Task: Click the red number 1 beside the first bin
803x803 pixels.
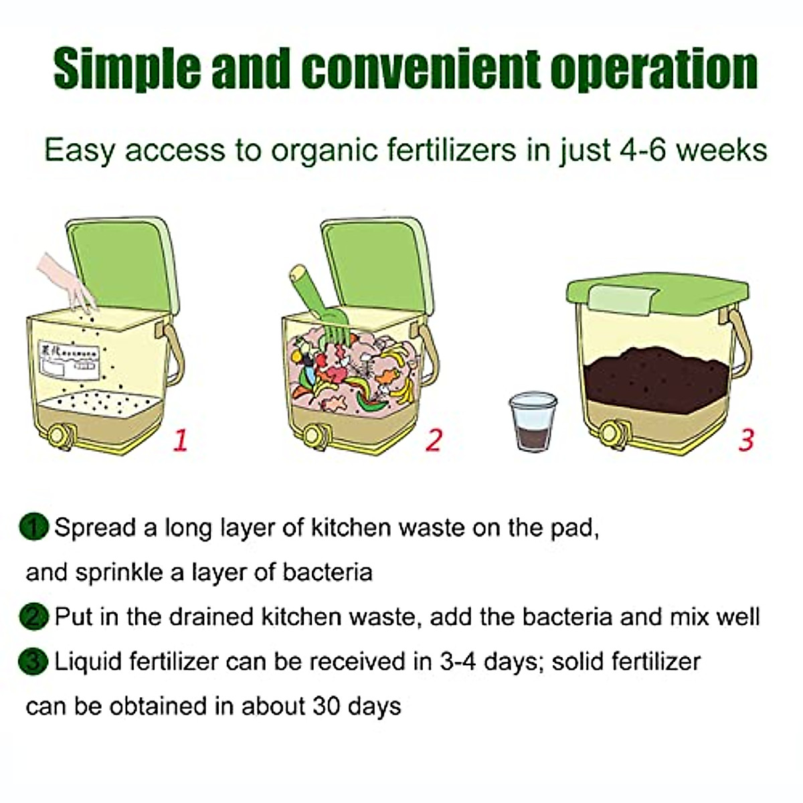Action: [x=180, y=440]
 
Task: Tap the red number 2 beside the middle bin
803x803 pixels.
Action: [x=434, y=440]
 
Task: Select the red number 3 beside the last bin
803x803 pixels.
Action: [x=745, y=440]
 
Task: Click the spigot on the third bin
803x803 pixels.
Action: [x=610, y=434]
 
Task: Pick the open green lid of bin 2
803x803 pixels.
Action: [x=375, y=264]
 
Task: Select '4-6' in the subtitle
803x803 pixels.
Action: [x=642, y=150]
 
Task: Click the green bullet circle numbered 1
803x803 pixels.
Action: [x=33, y=527]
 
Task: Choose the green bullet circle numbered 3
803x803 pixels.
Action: [x=33, y=662]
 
